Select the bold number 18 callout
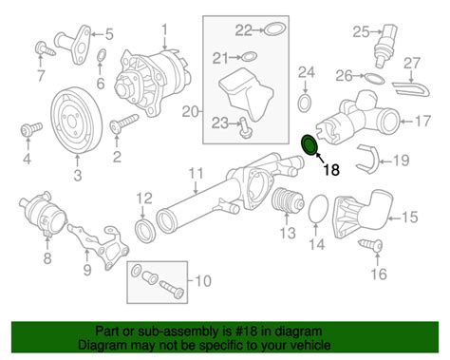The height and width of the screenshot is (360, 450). click(331, 170)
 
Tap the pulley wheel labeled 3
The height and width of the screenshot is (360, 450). click(76, 121)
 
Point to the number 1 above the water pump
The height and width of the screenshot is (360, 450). click(164, 30)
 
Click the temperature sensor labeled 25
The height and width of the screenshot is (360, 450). click(384, 46)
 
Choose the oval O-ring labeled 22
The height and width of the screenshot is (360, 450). click(275, 28)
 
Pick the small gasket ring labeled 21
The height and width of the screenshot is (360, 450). click(249, 57)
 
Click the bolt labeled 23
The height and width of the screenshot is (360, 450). click(245, 127)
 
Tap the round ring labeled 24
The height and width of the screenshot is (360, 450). click(305, 103)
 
